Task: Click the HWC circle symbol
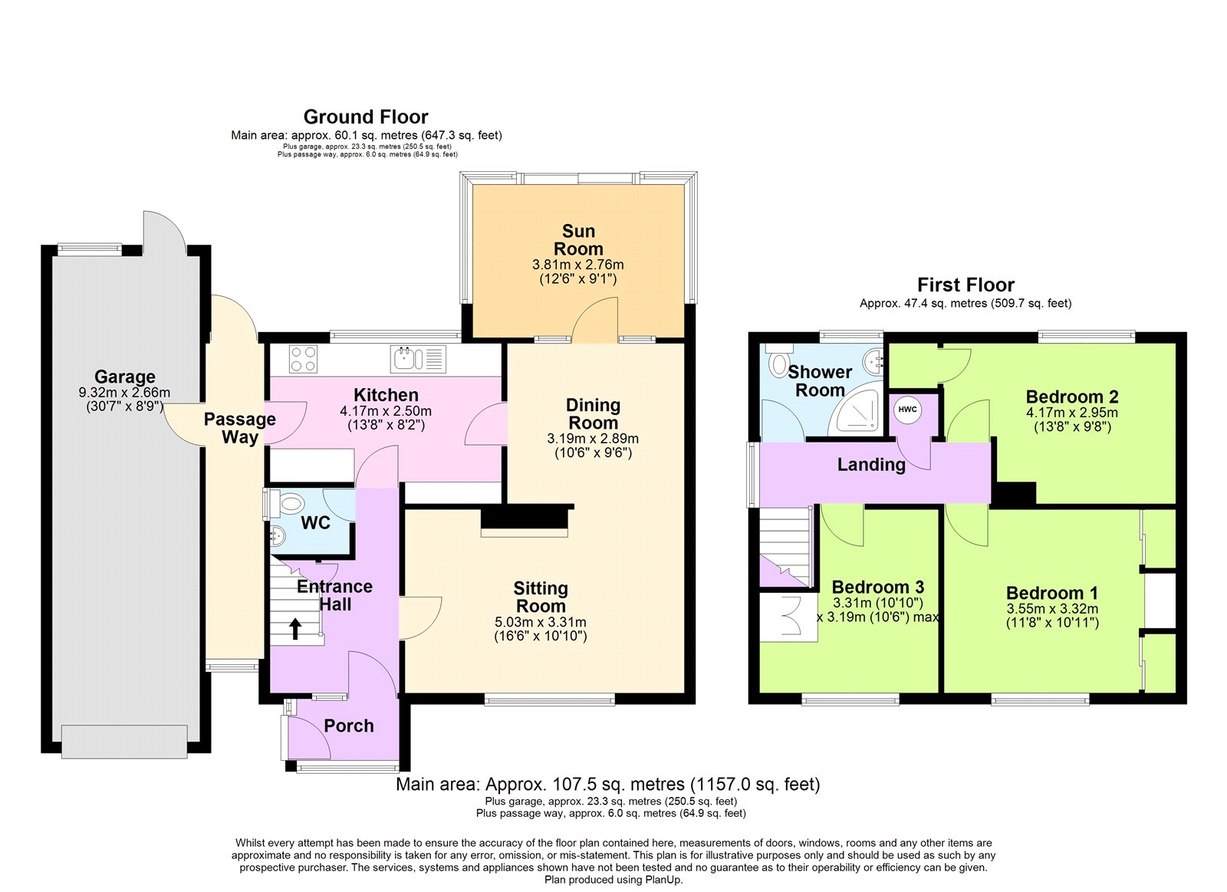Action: click(907, 410)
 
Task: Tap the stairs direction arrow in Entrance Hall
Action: click(295, 629)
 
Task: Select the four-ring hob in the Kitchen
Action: click(303, 359)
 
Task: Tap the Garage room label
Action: click(125, 377)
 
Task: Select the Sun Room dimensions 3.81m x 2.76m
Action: click(577, 265)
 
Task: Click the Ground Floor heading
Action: click(366, 117)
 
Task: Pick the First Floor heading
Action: click(965, 285)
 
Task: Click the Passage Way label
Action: click(239, 428)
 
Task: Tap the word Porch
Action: click(349, 726)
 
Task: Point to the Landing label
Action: click(871, 465)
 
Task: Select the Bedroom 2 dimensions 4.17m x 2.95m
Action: click(1071, 413)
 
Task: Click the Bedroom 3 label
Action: click(877, 588)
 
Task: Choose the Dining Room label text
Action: click(593, 413)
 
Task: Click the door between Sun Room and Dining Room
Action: click(595, 322)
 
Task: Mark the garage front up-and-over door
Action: click(123, 741)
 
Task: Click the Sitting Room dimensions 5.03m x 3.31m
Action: click(540, 622)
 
